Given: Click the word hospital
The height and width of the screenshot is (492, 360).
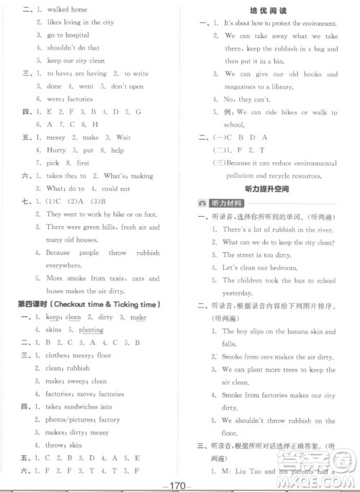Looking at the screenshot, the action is (75, 35).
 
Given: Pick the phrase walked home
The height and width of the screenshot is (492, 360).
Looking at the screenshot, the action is (67, 9).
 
